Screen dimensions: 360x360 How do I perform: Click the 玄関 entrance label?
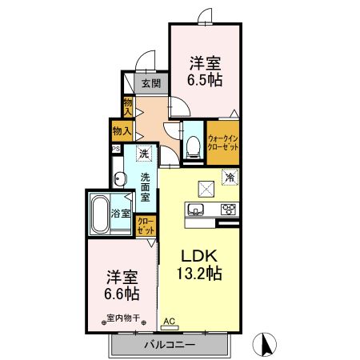[151, 82]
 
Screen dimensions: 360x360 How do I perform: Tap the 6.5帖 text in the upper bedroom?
[205, 80]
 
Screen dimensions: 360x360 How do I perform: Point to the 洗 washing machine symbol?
[143, 153]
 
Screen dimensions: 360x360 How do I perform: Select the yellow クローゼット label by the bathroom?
[146, 226]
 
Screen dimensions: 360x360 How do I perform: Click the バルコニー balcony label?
[170, 345]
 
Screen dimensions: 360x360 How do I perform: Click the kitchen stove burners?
[228, 211]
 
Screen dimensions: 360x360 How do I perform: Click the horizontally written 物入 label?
[122, 130]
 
